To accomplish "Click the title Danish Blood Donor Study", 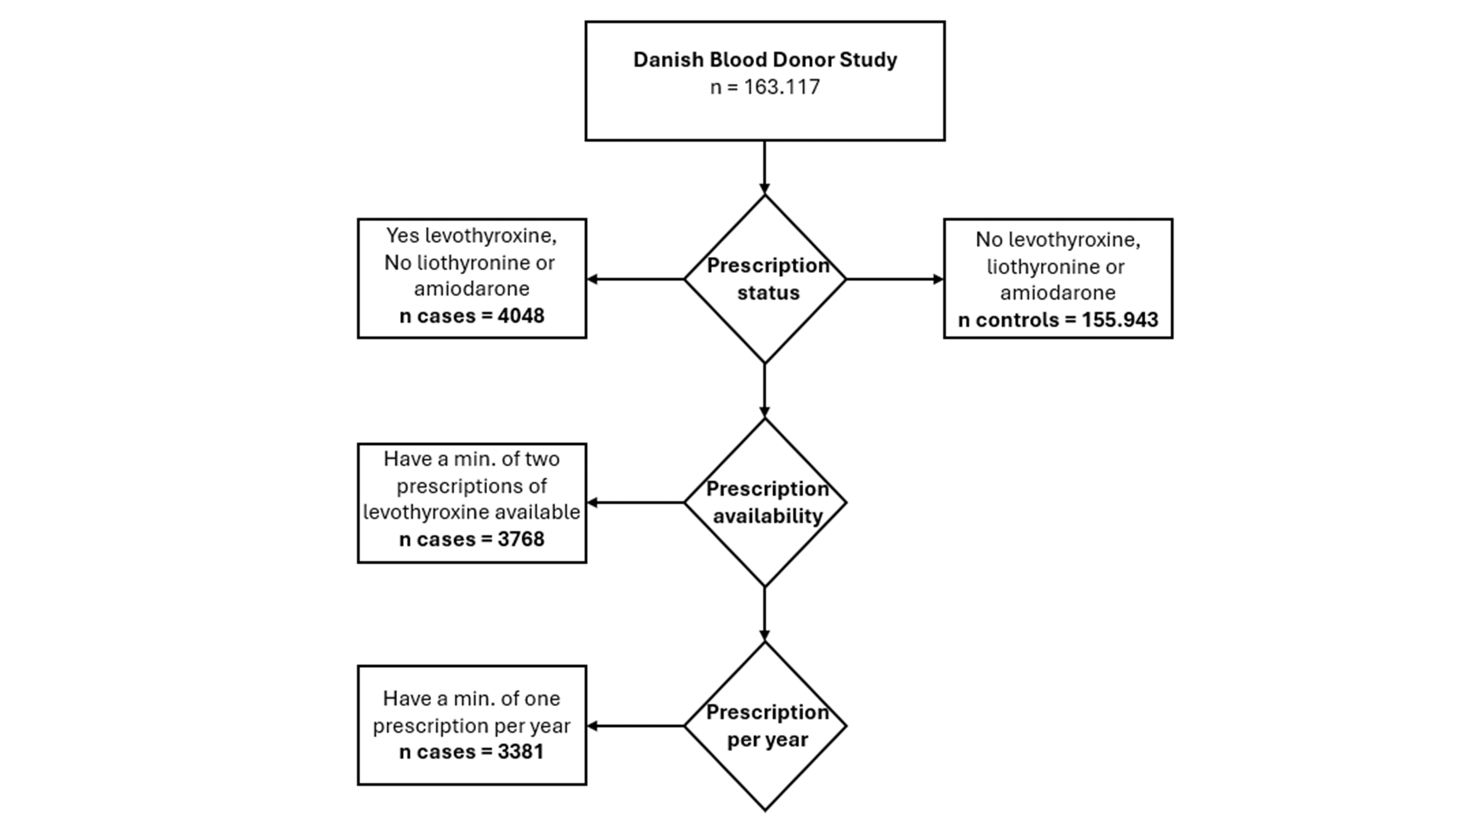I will point(765,59).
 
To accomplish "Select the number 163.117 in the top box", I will point(782,87).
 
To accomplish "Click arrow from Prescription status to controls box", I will point(894,279).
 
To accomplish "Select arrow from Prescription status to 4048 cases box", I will point(635,279).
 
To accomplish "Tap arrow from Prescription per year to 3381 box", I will point(635,725).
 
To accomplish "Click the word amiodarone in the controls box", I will point(1058,293).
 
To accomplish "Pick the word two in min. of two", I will point(542,459).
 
